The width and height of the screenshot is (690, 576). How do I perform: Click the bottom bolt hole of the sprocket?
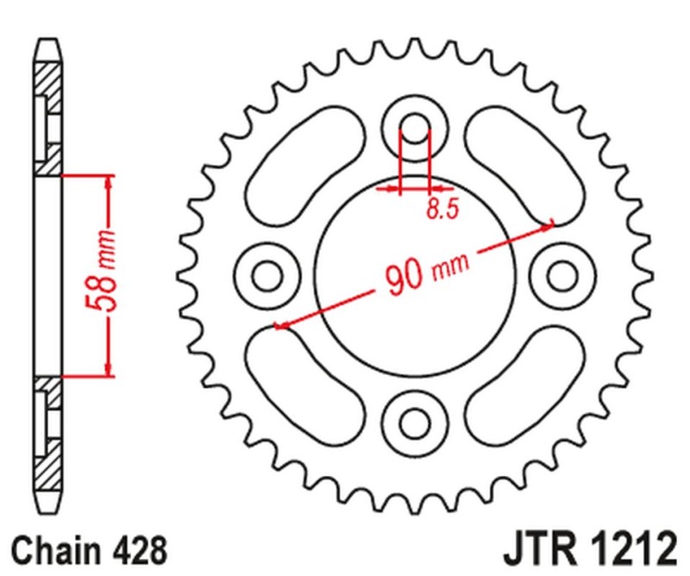(415, 422)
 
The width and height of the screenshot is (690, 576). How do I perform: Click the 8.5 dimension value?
(441, 210)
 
